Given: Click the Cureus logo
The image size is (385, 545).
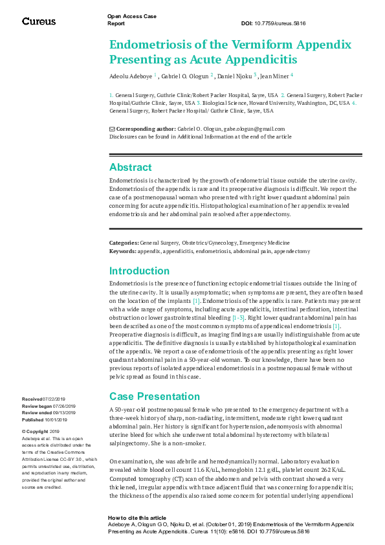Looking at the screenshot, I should pyautogui.click(x=39, y=21).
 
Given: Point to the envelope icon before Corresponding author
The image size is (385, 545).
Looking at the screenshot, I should pyautogui.click(x=113, y=129).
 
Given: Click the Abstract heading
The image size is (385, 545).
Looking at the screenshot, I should pyautogui.click(x=131, y=167).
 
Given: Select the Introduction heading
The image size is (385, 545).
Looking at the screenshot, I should pyautogui.click(x=139, y=271).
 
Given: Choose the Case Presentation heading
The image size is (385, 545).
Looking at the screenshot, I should pyautogui.click(x=155, y=396).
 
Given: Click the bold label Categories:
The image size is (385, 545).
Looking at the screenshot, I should pyautogui.click(x=124, y=242).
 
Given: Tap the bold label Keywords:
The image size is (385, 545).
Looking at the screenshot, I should pyautogui.click(x=123, y=249).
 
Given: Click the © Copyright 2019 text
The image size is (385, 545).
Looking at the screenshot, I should pyautogui.click(x=41, y=431).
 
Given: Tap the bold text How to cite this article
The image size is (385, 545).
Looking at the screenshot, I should pyautogui.click(x=137, y=518).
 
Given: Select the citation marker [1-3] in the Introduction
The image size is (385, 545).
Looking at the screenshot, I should pyautogui.click(x=239, y=318).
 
